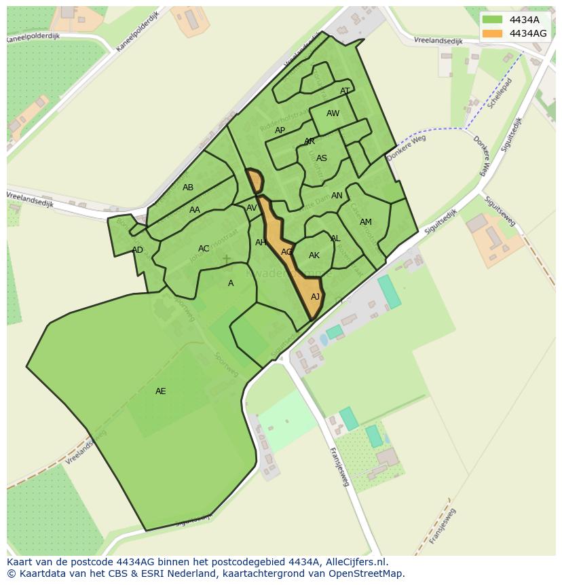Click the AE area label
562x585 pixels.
tap(160, 391)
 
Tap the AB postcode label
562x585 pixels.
tap(188, 188)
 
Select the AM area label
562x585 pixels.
tap(366, 222)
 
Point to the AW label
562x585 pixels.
tap(333, 113)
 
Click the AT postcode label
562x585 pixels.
tap(345, 91)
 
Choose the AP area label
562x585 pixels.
tap(280, 130)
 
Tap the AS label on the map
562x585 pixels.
tap(322, 158)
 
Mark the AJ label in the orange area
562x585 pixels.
tap(315, 297)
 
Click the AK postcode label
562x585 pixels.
tap(314, 255)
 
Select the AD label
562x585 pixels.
tap(138, 250)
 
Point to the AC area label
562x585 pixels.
tap(204, 249)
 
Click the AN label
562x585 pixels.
tap(337, 196)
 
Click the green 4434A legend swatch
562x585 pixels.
tap(493, 20)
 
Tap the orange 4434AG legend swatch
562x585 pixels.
tap(493, 33)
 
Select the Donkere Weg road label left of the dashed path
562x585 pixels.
tap(406, 147)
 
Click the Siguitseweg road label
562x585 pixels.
tap(499, 211)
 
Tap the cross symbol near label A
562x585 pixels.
tap(226, 260)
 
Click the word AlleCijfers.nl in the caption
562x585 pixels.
tap(354, 562)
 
